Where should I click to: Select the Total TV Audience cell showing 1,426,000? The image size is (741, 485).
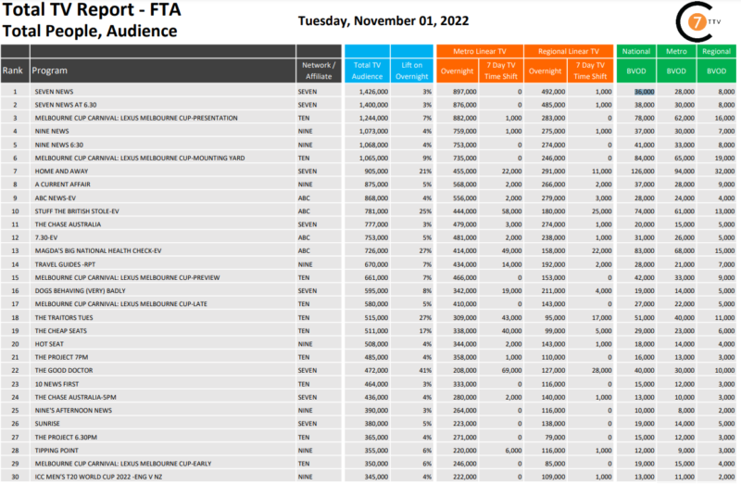point(366,92)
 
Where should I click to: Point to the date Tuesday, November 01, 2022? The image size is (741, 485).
point(383,20)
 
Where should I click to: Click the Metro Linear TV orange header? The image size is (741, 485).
point(479,51)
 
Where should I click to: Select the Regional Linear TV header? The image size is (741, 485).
point(568,51)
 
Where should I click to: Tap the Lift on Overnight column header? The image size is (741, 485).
point(412,70)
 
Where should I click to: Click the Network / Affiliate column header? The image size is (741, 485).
point(319,70)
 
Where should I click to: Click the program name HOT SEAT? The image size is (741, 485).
point(47,344)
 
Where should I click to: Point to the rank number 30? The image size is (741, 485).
point(15,476)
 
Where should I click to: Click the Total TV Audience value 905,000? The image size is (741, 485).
point(366,172)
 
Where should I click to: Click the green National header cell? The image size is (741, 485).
point(635,51)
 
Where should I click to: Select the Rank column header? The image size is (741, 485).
point(13,70)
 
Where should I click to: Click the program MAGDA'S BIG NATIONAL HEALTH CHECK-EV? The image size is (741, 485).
point(97,251)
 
